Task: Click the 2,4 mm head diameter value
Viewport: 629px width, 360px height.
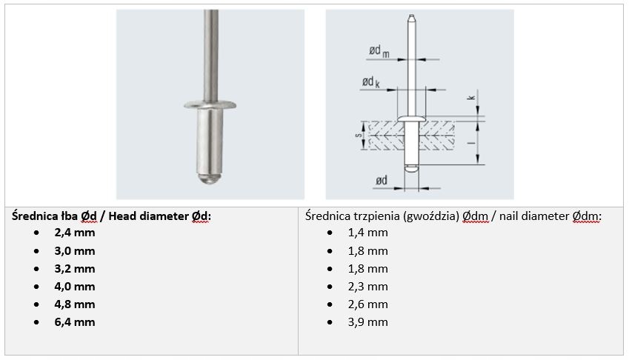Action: pos(74,232)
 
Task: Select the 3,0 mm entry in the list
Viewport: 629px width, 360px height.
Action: pos(74,250)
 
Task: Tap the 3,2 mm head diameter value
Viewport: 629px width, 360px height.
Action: pos(74,268)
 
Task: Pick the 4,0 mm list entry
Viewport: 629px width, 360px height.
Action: pos(74,286)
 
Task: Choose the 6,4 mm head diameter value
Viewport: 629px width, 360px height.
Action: pos(74,322)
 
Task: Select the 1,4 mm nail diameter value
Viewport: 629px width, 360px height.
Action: pos(367,232)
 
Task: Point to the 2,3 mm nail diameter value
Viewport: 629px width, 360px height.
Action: pos(367,286)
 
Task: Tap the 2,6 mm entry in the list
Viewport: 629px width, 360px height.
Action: pos(367,304)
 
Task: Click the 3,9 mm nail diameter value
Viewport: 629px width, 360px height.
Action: pos(367,322)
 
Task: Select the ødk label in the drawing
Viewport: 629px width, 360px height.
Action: pos(371,82)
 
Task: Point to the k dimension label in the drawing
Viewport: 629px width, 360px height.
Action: pos(471,98)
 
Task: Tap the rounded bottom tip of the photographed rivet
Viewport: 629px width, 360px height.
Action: pos(210,179)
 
